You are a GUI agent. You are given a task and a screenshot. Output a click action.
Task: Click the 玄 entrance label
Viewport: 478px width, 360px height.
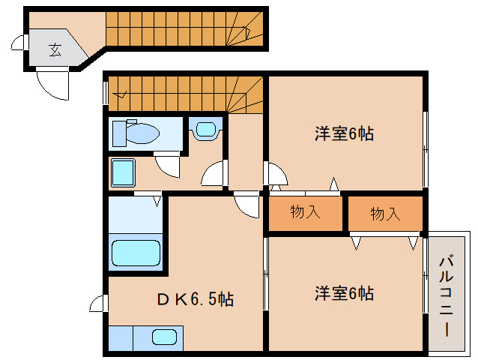55,50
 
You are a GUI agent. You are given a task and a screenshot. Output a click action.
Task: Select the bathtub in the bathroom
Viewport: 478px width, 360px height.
136,253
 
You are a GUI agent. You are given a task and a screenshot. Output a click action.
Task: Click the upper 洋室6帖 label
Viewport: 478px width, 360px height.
344,134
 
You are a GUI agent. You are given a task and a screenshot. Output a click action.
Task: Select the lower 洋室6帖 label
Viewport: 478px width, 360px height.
344,293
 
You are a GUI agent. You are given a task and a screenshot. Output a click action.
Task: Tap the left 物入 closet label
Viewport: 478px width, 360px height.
305,212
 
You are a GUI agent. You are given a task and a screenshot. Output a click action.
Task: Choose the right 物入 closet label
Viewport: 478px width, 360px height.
385,214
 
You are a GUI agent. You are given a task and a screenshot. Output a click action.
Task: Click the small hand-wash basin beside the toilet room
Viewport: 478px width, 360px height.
205,129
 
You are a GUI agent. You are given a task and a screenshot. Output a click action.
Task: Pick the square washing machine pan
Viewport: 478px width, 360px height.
123,174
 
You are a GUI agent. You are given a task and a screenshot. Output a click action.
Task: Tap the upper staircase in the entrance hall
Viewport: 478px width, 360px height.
180,28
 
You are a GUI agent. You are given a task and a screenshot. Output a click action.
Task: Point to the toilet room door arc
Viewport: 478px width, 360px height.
168,164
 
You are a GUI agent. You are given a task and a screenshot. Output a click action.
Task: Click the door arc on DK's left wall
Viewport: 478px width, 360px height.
98,304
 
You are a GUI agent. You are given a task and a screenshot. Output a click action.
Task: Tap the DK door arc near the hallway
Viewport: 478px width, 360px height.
246,204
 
